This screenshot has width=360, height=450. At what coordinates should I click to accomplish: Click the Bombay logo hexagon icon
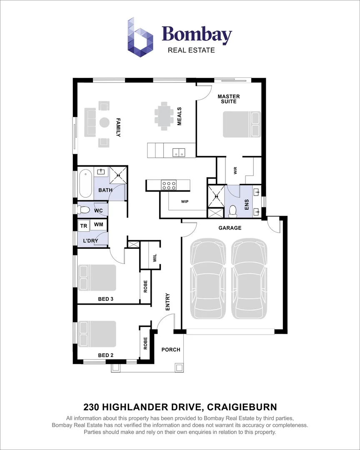tap(140, 37)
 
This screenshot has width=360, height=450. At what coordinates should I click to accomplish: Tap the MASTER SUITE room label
tap(229, 99)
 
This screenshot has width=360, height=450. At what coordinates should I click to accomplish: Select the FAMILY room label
tap(118, 127)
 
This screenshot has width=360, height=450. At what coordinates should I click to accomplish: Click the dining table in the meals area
tap(164, 116)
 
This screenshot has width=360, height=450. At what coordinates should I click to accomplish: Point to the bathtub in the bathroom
tap(85, 184)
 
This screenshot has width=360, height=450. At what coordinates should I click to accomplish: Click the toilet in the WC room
tap(85, 210)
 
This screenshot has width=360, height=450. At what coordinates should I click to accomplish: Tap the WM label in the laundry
tap(98, 225)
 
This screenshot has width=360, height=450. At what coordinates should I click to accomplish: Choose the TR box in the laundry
tap(84, 225)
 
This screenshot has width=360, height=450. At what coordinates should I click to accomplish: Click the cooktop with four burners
tap(169, 185)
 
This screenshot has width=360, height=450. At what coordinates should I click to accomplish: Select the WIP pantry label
tap(185, 202)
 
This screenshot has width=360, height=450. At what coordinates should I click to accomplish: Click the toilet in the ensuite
tap(233, 211)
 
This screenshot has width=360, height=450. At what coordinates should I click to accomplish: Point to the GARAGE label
tap(230, 228)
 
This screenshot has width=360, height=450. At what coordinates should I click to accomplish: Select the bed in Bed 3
tap(97, 277)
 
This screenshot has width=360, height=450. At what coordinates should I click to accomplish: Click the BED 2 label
tap(106, 355)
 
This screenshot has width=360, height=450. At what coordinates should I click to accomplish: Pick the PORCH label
tap(171, 350)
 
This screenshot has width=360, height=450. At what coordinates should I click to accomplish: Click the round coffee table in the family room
tap(104, 122)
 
